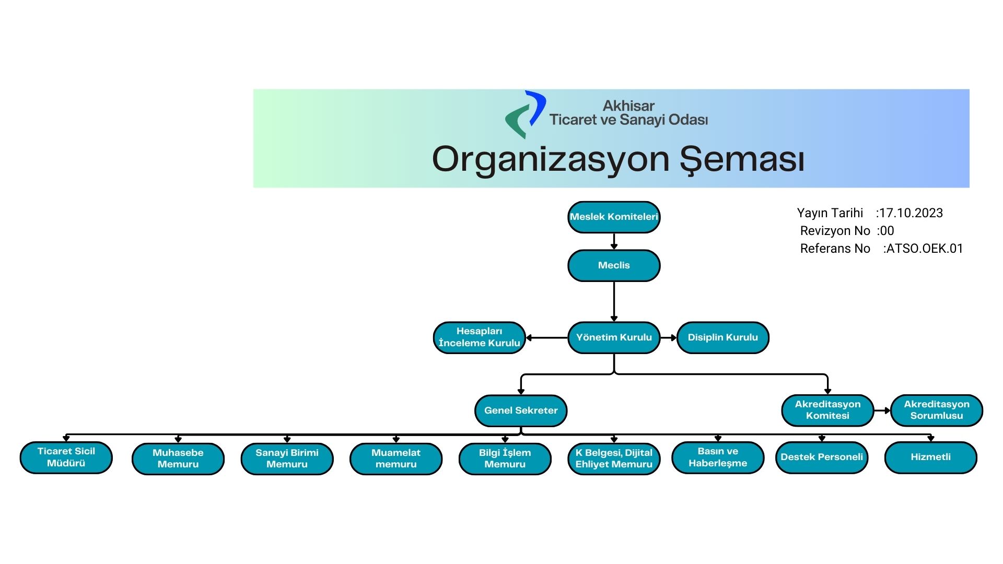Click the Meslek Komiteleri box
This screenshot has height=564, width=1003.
click(614, 217)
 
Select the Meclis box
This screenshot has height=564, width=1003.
click(614, 265)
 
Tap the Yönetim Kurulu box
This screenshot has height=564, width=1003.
click(614, 337)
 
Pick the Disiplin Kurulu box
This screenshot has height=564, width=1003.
click(722, 337)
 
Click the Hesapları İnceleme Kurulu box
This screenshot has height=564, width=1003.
click(479, 337)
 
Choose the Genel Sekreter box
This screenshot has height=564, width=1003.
click(521, 410)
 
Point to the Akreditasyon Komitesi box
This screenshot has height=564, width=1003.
click(827, 410)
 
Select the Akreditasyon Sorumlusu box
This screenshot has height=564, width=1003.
click(936, 410)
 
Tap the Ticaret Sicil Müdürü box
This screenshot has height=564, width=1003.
click(66, 457)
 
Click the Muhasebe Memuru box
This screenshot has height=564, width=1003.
click(178, 459)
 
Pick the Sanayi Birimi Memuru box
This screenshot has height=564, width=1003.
click(287, 459)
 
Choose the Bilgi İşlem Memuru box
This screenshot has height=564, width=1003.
click(505, 459)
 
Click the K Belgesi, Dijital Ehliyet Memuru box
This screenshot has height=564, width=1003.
click(614, 459)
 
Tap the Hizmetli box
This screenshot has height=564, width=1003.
click(930, 457)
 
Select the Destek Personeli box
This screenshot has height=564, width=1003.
click(822, 457)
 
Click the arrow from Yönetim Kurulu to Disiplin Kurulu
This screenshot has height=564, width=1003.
click(669, 338)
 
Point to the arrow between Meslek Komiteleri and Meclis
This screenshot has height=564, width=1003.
click(614, 241)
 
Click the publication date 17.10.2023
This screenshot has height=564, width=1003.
click(911, 213)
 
